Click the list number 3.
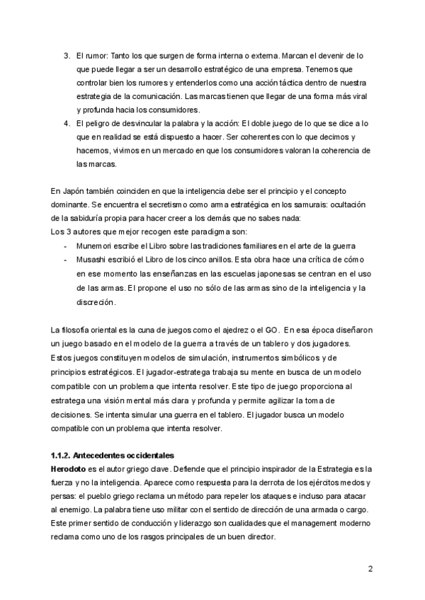66,56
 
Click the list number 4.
66,123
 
